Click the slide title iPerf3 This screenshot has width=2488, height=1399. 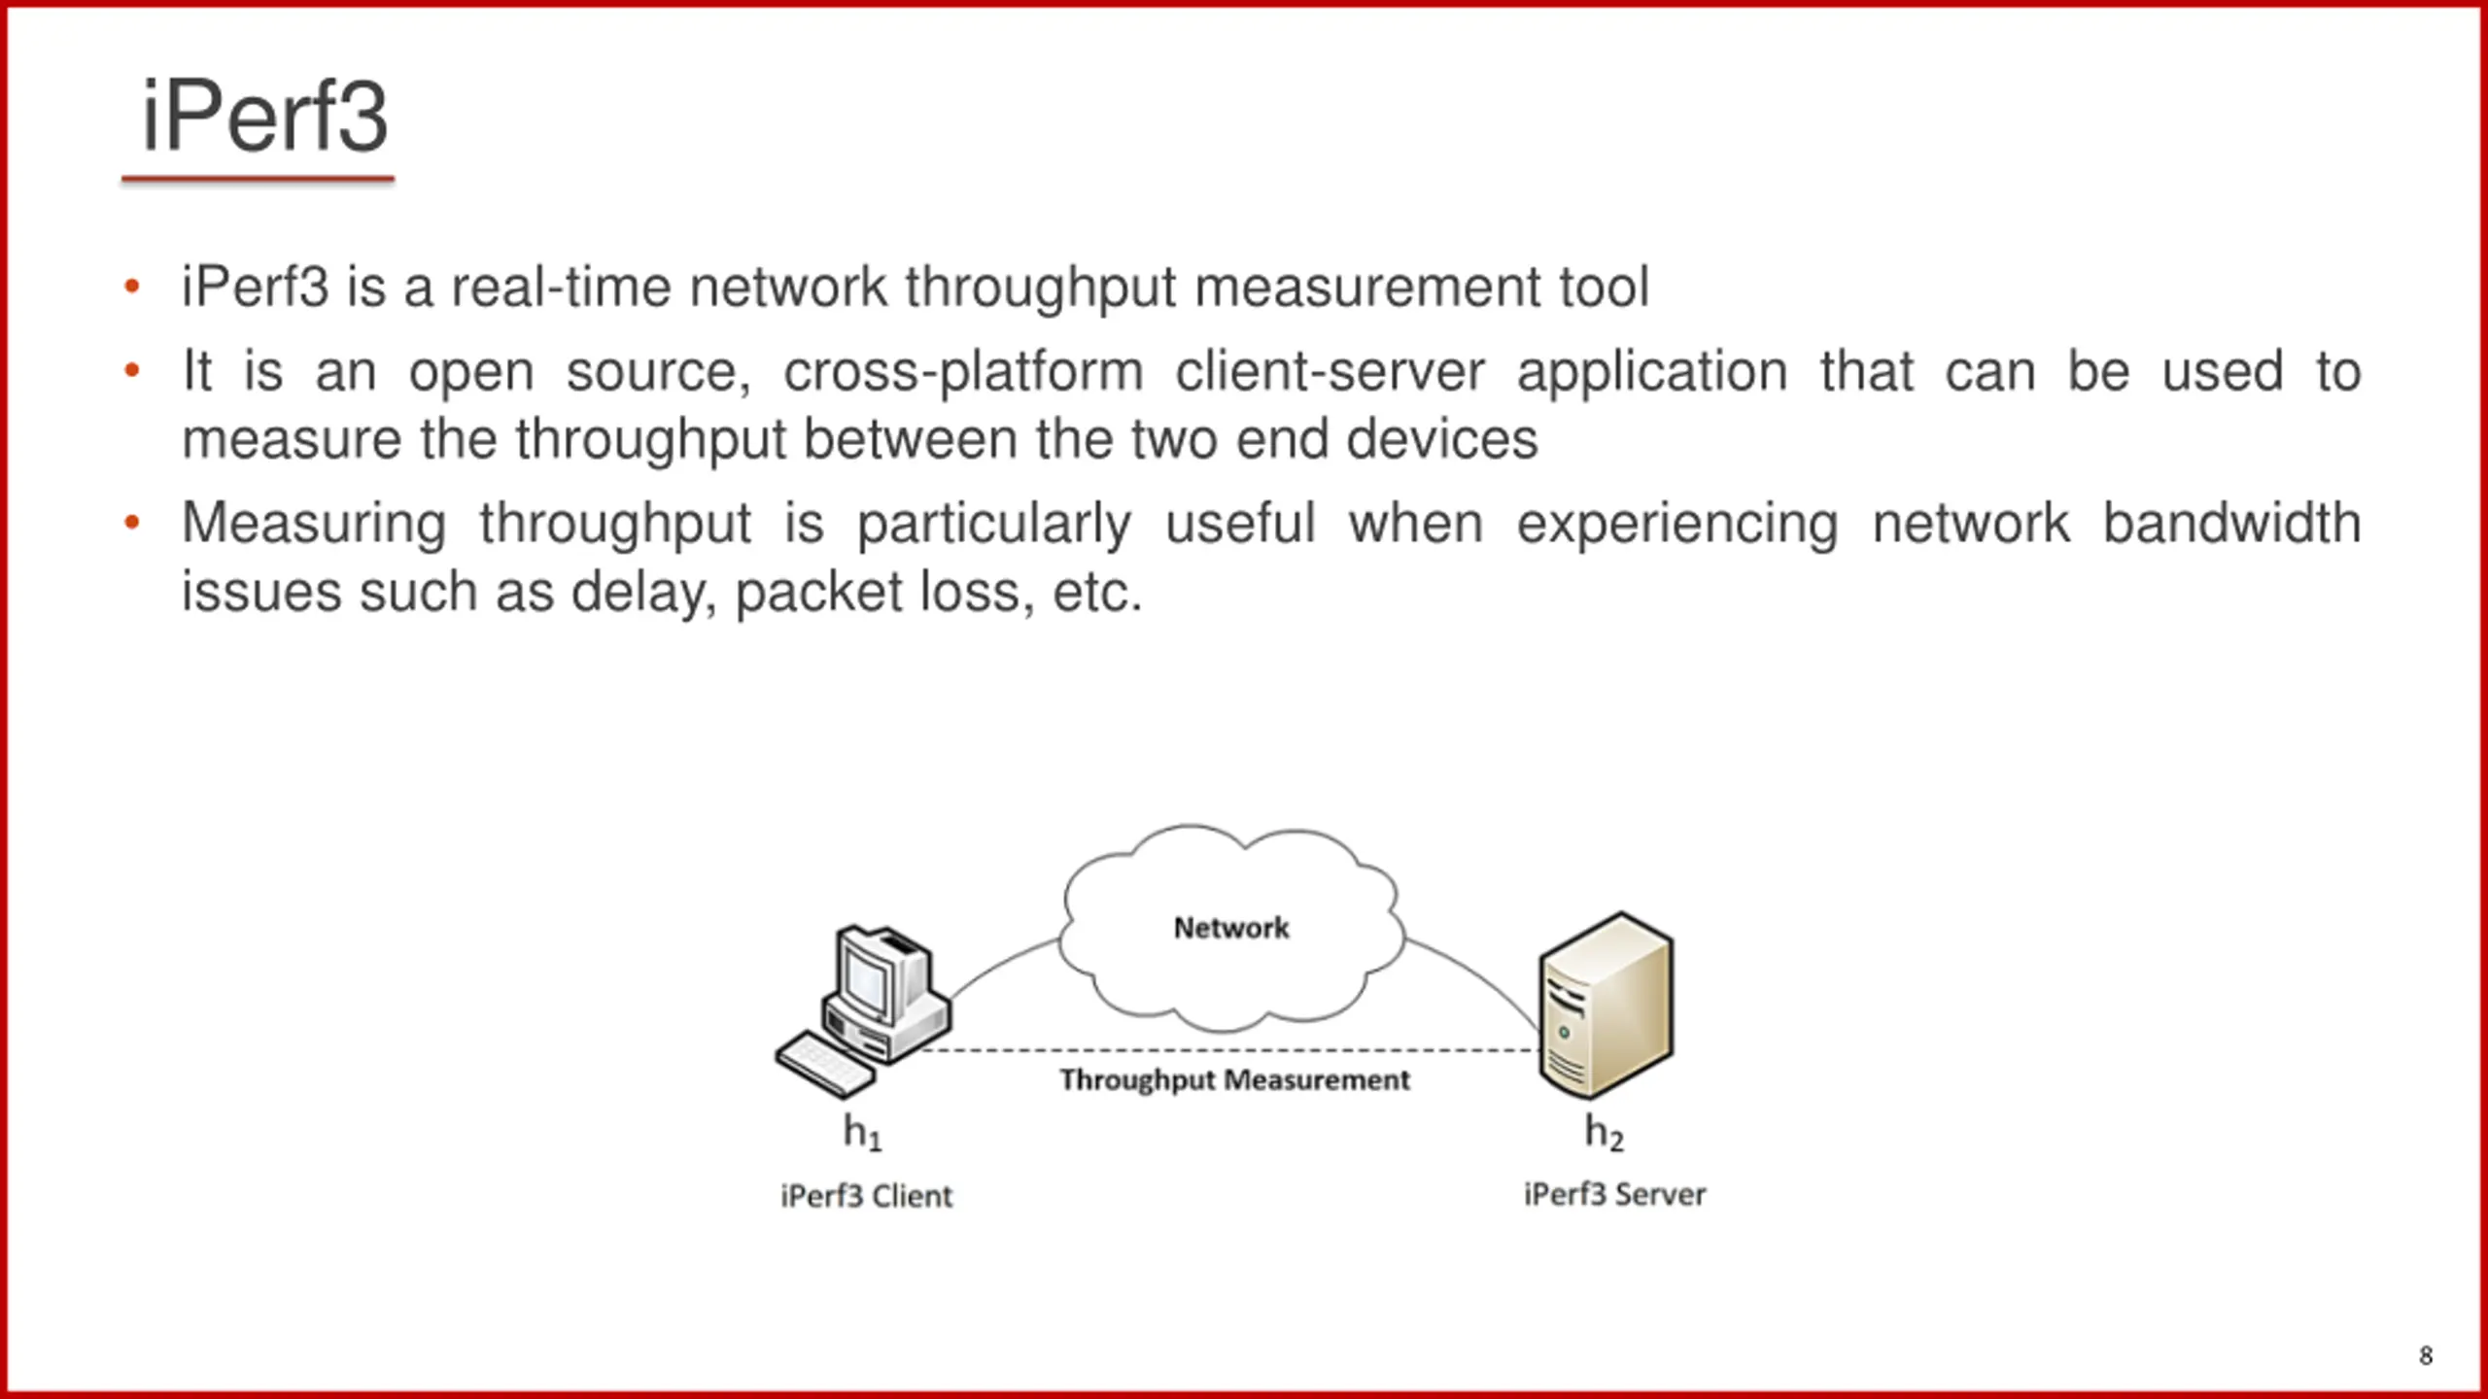point(264,118)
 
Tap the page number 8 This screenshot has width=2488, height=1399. point(2426,1355)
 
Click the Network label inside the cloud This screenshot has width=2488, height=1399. point(1231,928)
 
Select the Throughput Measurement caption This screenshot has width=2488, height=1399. point(1234,1080)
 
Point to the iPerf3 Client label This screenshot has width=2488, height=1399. point(866,1196)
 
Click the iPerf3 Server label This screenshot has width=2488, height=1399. point(1614,1194)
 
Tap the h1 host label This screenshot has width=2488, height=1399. point(862,1133)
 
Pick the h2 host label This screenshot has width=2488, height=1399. point(1604,1133)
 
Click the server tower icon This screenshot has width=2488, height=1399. point(1606,1006)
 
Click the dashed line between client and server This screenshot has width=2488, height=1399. point(1230,1050)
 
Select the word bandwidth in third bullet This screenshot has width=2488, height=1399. point(2231,524)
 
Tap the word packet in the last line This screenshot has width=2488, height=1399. point(819,594)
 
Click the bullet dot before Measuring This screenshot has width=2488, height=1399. point(132,524)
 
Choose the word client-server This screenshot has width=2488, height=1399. point(1330,372)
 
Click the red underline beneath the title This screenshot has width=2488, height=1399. point(258,179)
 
